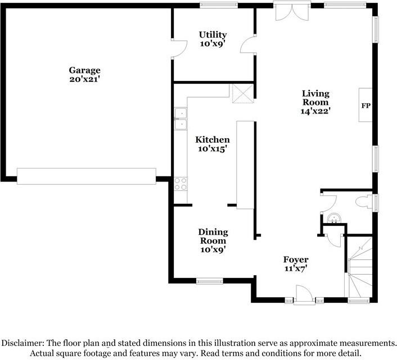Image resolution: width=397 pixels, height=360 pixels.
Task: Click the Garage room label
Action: coord(84,75)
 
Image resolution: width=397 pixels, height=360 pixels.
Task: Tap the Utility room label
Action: coord(213,39)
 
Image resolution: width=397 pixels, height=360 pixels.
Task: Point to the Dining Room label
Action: coord(213,240)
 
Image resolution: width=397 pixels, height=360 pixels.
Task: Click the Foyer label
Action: coord(296,263)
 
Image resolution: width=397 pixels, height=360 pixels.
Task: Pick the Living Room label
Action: coord(315,102)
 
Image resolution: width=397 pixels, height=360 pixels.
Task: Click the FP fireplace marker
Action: coord(366,106)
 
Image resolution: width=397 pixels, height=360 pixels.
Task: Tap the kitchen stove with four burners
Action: coord(181,184)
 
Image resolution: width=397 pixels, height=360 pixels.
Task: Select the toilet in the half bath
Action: coord(364,202)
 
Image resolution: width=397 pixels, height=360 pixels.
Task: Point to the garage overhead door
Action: coord(87,176)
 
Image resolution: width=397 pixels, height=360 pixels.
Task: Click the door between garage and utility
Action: coord(179,48)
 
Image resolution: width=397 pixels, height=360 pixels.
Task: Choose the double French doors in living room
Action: coord(292,12)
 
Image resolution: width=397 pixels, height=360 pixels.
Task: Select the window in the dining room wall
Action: coord(210,281)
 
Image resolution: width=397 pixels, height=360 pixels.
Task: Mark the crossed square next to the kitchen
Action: coord(243,94)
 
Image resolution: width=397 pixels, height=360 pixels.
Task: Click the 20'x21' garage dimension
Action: coord(84,79)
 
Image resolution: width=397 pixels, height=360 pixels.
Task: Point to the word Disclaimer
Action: coord(23,343)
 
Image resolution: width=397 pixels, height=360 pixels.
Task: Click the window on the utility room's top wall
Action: coord(219,5)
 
